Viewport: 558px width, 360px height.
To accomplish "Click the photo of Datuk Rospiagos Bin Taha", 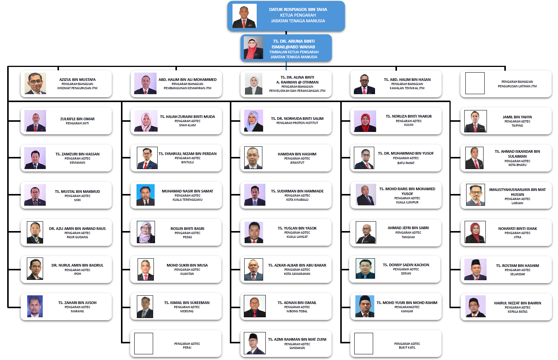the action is (x=244, y=16).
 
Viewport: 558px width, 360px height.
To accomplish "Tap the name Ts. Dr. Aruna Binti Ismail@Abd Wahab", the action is (x=293, y=44).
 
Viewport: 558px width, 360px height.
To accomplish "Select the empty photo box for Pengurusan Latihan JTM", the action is (x=475, y=83).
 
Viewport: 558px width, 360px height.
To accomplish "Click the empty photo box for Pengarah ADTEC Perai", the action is (x=144, y=343).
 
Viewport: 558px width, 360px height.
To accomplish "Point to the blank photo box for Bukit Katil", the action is (x=363, y=343).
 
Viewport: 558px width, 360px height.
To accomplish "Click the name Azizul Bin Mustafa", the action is (x=77, y=80).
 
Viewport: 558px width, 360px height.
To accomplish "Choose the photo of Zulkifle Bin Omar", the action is (x=35, y=121).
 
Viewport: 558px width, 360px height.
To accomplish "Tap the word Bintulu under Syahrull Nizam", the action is (x=188, y=162).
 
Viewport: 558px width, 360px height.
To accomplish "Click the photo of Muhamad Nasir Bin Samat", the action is (x=146, y=195).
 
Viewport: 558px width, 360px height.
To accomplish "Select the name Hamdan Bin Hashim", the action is (x=297, y=154).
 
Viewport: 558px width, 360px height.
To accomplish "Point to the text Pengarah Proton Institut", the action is (x=297, y=123).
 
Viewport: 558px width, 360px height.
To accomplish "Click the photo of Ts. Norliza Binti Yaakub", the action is (x=365, y=121).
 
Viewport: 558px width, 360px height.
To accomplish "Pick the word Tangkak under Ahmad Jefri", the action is (x=408, y=237).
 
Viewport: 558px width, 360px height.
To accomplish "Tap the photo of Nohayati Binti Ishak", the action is (x=475, y=232).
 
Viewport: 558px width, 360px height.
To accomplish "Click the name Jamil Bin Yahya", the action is (x=517, y=117).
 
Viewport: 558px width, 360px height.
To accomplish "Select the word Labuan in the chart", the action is (x=517, y=203).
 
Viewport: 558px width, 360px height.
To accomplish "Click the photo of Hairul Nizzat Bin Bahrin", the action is (x=476, y=306).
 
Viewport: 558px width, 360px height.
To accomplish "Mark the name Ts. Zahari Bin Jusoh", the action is (x=77, y=303).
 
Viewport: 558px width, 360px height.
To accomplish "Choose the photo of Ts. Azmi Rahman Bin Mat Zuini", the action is (x=254, y=343).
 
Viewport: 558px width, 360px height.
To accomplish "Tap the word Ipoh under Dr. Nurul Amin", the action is (x=77, y=274).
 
